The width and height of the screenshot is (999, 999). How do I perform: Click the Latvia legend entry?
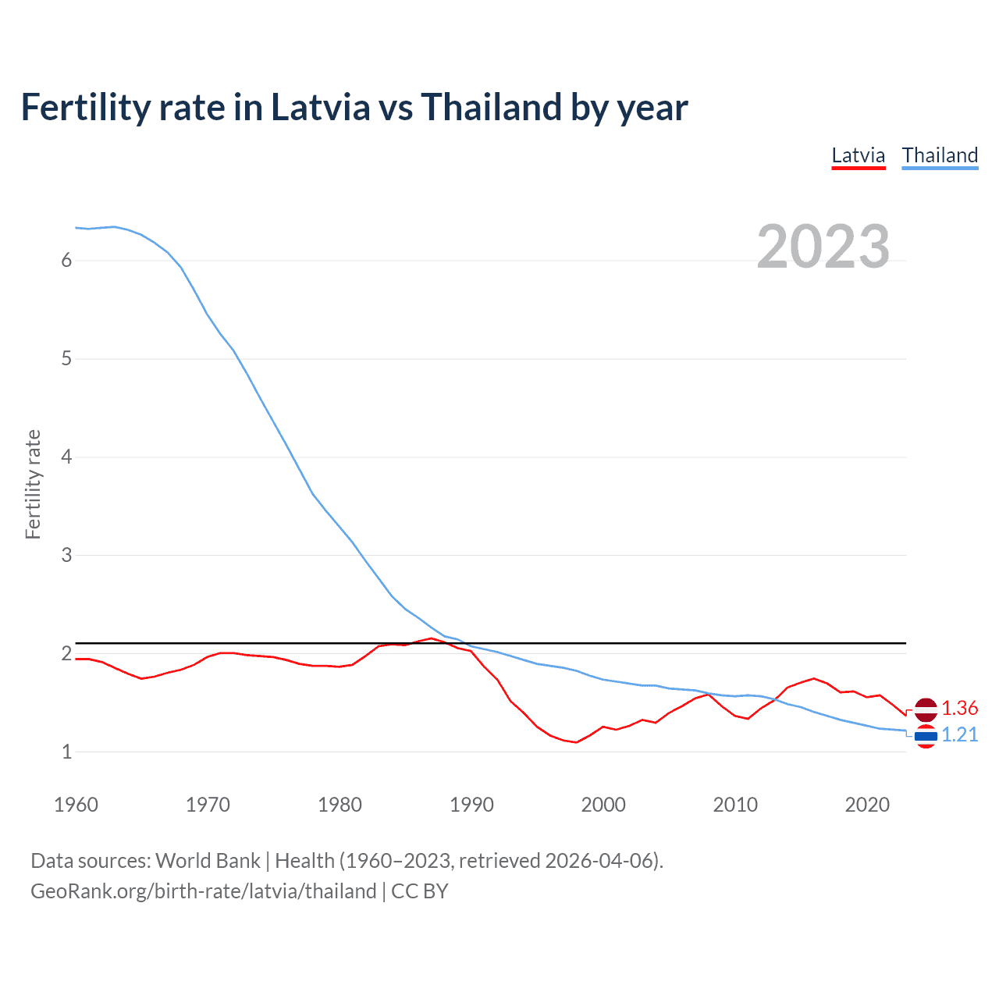[858, 155]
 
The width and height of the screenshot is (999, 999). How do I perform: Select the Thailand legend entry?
[940, 155]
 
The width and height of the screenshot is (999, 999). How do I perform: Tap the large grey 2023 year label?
[823, 247]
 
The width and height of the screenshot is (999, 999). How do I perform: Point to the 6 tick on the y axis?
[66, 261]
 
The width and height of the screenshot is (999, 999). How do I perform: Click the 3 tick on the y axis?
[66, 556]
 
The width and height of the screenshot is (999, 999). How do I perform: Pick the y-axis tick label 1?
[66, 752]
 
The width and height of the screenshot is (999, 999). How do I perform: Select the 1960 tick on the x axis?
[76, 805]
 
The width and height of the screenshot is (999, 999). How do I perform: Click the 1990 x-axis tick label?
[471, 805]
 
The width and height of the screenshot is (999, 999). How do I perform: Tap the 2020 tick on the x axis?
[867, 805]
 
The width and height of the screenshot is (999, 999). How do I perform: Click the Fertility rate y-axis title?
[33, 484]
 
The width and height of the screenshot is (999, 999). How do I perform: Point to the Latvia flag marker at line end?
[926, 709]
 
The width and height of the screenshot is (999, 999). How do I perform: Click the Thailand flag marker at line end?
[926, 736]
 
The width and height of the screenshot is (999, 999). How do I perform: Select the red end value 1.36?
[959, 708]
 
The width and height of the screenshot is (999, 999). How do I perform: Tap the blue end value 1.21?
[959, 734]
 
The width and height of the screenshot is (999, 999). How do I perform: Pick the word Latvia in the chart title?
[320, 107]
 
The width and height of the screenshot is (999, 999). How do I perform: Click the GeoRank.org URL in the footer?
[203, 891]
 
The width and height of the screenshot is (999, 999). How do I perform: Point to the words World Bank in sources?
[208, 861]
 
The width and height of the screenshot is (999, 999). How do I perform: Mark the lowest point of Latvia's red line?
[576, 742]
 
